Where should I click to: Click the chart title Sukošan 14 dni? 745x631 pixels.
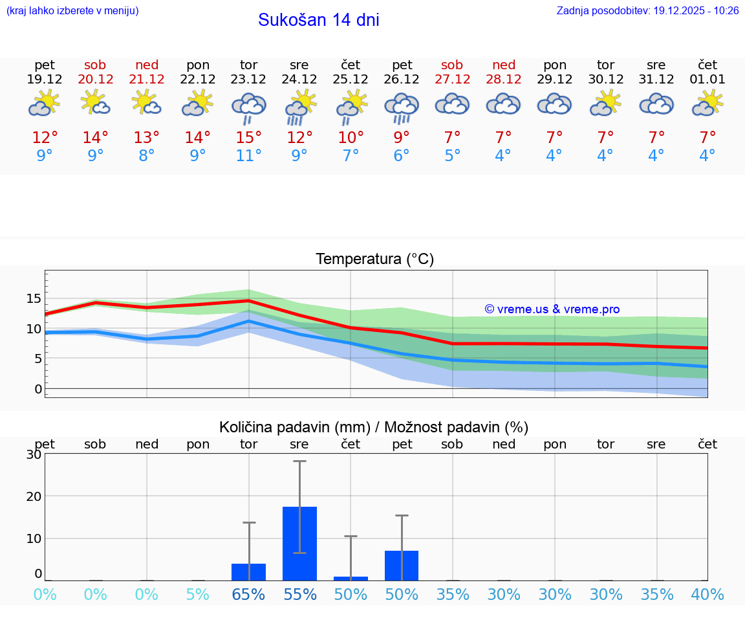click(318, 20)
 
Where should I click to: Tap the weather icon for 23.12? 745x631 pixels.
click(249, 107)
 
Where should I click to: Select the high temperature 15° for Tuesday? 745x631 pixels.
click(249, 138)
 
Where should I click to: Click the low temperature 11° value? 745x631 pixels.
click(249, 156)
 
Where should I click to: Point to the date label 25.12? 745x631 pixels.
click(351, 80)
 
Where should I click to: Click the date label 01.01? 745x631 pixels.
click(707, 80)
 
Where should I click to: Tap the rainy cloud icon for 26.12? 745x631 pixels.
click(402, 107)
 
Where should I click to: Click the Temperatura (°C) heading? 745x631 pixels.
click(374, 260)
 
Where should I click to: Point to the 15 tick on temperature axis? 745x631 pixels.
click(34, 298)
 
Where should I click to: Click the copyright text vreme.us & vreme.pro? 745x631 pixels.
click(552, 309)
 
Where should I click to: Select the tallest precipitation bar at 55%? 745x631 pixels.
click(299, 544)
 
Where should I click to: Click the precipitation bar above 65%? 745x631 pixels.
click(249, 572)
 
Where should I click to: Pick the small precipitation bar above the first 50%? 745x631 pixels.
click(351, 578)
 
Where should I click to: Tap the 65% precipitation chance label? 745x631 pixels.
click(249, 594)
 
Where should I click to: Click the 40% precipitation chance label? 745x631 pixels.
click(707, 594)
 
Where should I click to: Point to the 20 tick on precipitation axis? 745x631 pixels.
click(34, 496)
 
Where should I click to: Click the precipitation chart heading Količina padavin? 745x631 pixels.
click(374, 427)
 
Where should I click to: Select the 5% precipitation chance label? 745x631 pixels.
click(198, 594)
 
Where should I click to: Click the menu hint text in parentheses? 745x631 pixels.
click(72, 11)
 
